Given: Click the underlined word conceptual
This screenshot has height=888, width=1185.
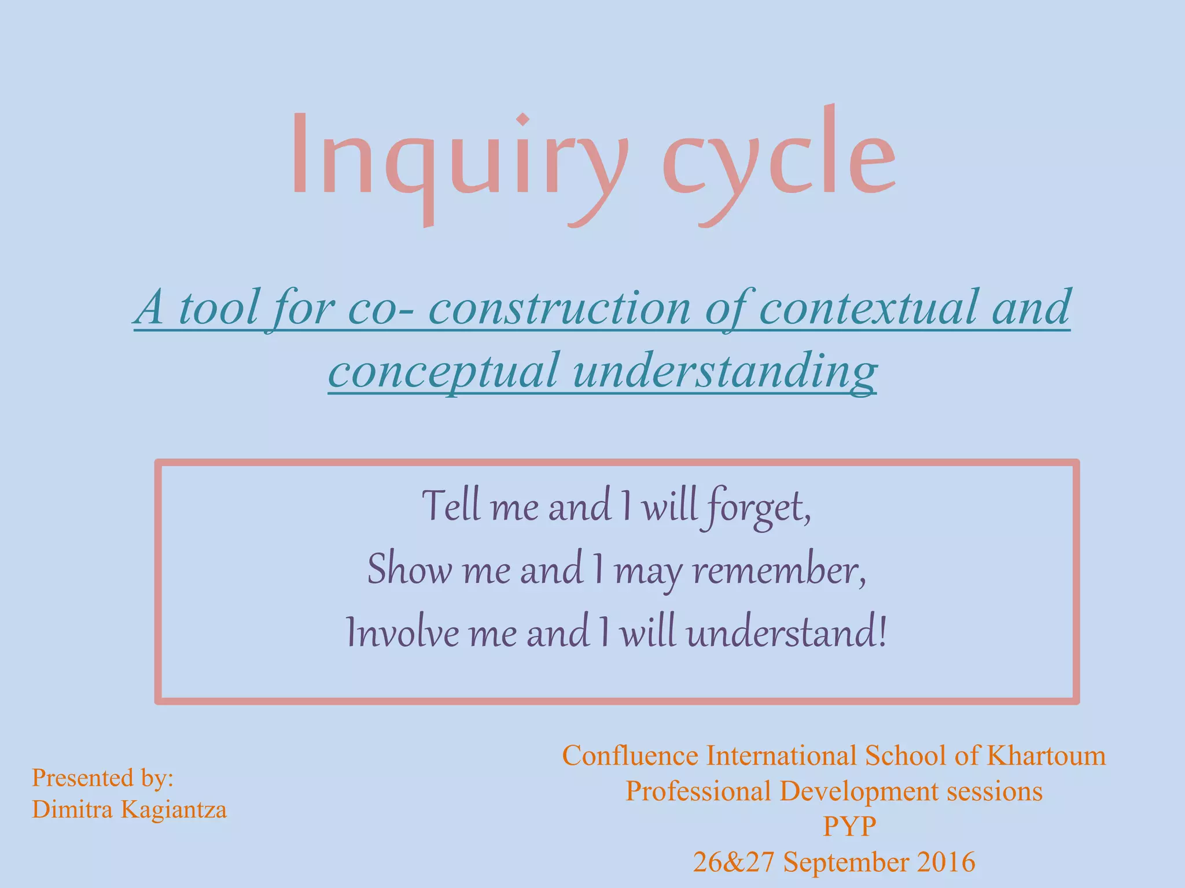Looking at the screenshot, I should click(443, 371).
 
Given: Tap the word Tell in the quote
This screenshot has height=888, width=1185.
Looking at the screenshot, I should click(451, 506).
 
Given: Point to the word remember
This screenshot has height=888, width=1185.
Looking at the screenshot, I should click(779, 569).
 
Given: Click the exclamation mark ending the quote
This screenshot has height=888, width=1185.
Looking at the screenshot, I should click(882, 632).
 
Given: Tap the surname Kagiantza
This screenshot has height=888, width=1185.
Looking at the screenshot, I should click(174, 809).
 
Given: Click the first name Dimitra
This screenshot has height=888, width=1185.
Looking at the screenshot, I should click(72, 809).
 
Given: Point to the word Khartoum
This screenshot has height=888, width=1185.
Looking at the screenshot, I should click(1046, 756).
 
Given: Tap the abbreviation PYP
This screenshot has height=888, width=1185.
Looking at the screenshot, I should click(849, 826).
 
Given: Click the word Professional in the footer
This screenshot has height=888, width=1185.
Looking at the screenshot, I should click(698, 791).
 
